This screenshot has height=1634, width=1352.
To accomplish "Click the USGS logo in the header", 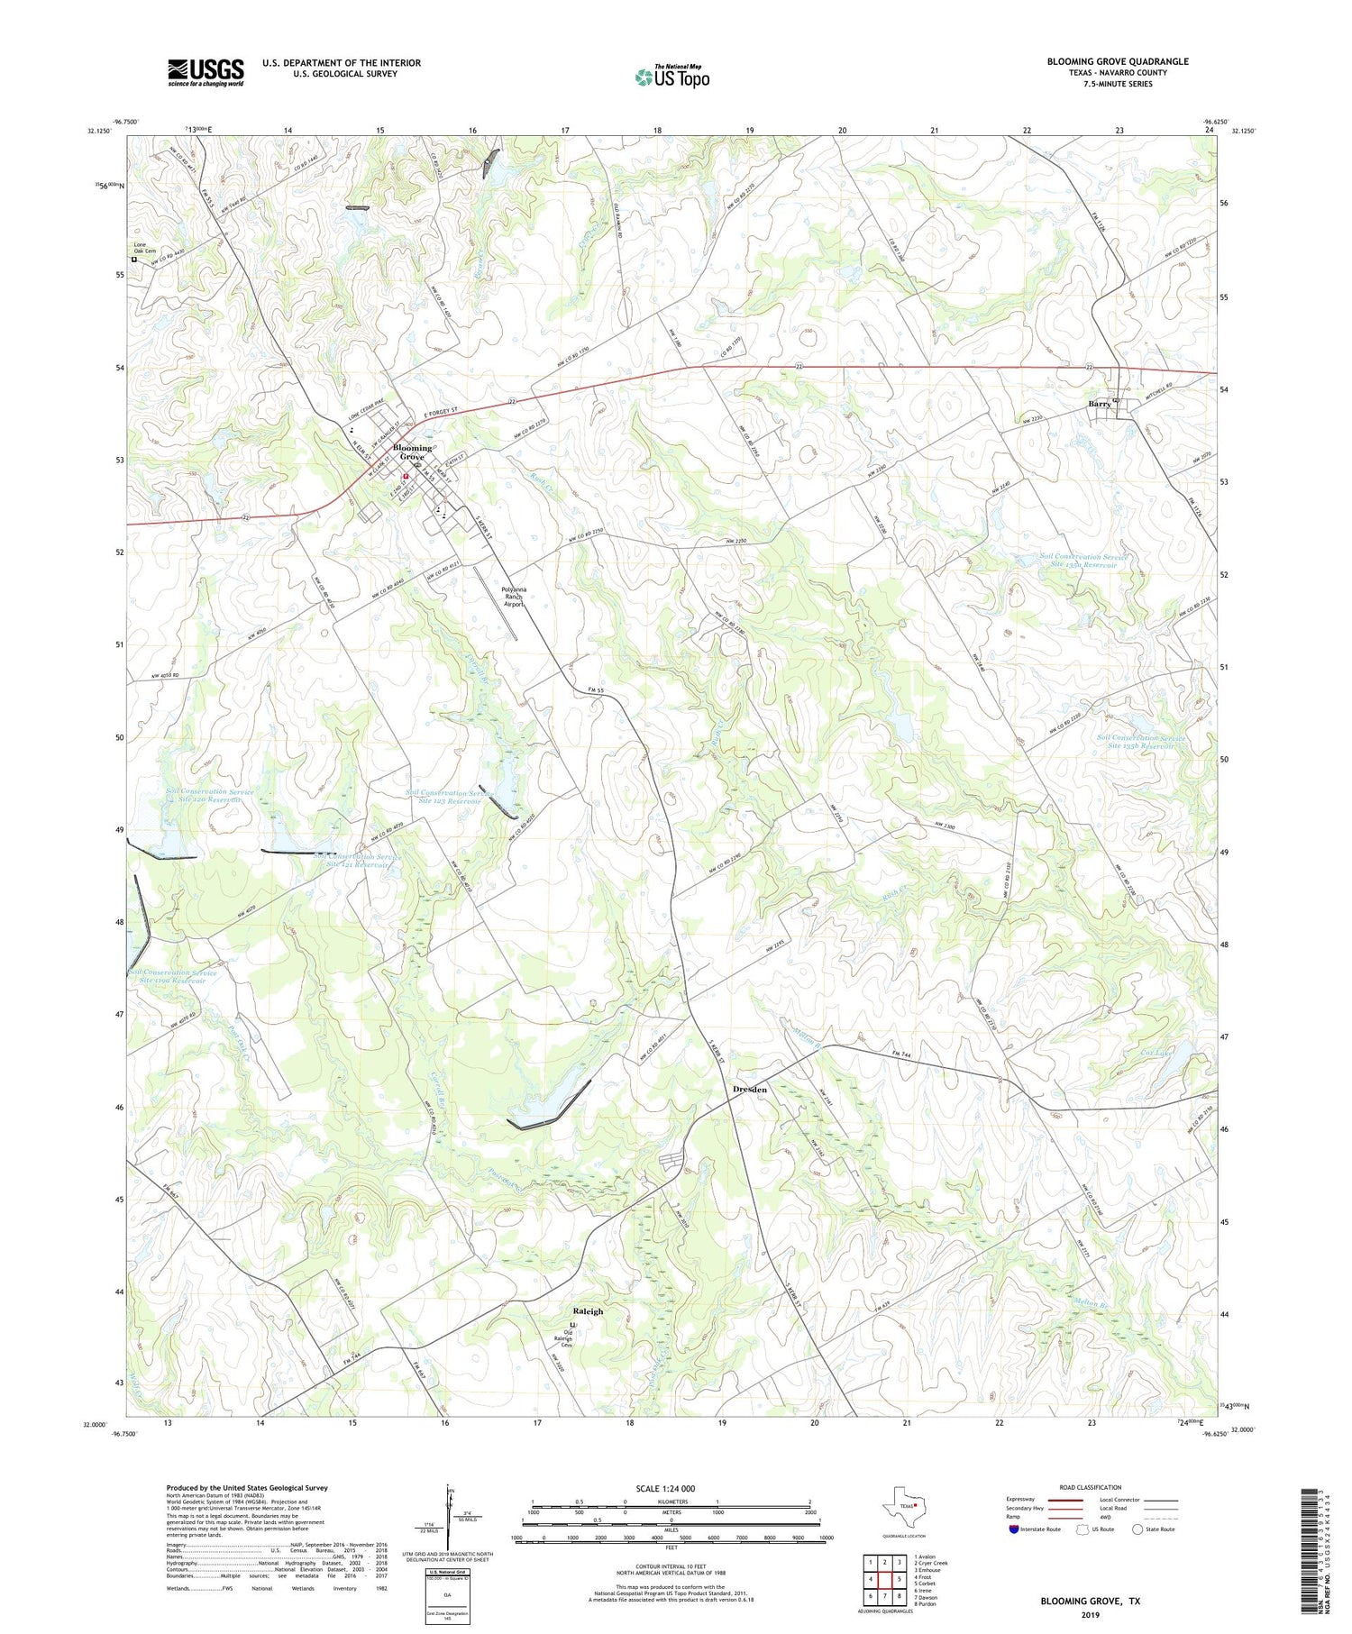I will (x=206, y=72).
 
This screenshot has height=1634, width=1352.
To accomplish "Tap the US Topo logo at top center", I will (x=671, y=78).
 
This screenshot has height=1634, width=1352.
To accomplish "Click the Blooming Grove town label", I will (x=412, y=452).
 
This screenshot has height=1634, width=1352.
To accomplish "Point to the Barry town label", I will (x=1099, y=405).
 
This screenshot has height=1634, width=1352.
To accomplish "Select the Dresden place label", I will (x=749, y=1090).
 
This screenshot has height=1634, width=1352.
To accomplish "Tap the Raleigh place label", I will (x=588, y=1311).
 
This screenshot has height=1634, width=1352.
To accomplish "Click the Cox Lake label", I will (x=1157, y=1052).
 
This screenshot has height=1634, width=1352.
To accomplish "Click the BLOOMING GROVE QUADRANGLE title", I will (x=1117, y=61).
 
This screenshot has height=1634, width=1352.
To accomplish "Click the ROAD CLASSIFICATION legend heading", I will (x=1091, y=1487).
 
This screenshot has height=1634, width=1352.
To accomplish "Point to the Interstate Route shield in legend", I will (x=1014, y=1529).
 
